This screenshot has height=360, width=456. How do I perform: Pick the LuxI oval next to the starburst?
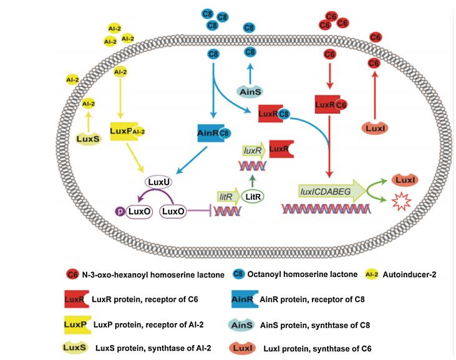click(x=398, y=180)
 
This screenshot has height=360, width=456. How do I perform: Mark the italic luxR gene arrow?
click(x=252, y=151)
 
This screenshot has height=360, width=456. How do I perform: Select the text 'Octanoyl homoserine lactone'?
click(x=298, y=273)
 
